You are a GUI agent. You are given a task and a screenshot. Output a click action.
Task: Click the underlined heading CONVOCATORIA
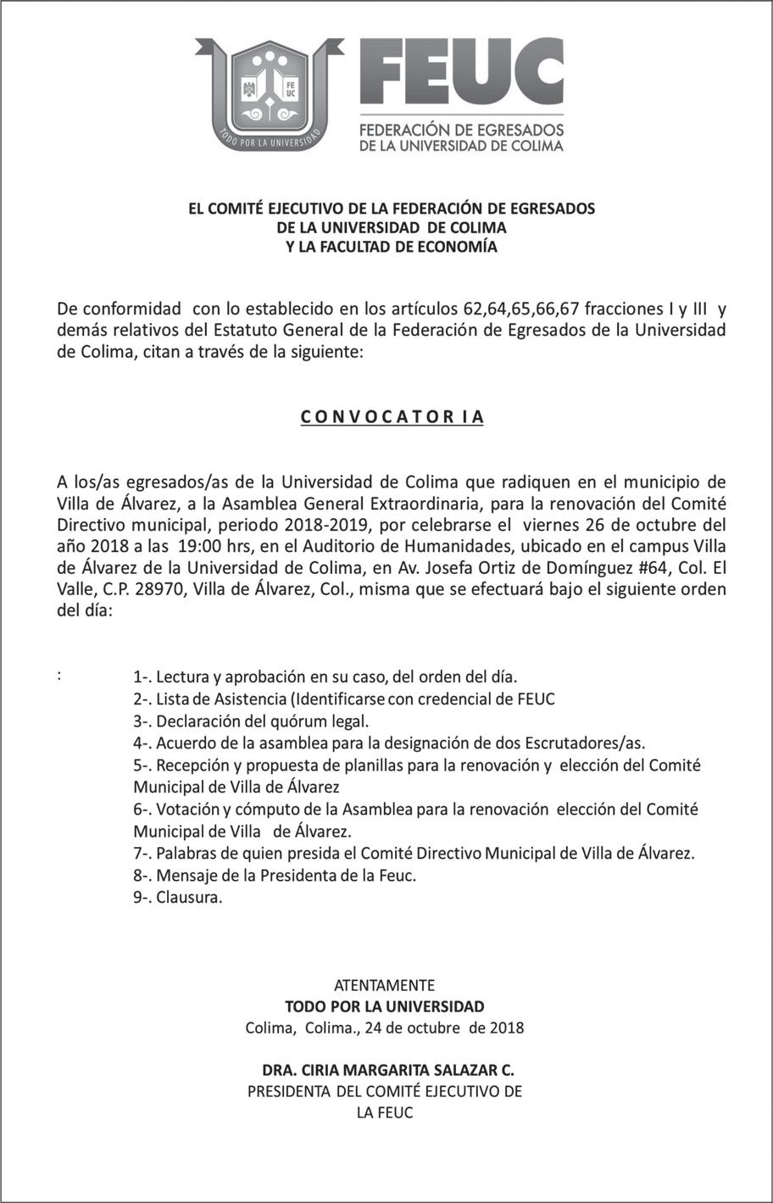392,417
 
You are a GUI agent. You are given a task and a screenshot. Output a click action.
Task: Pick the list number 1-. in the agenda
142,677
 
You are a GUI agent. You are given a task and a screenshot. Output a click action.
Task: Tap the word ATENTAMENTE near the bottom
385,986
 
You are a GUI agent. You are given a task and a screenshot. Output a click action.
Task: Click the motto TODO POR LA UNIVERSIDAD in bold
385,1007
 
